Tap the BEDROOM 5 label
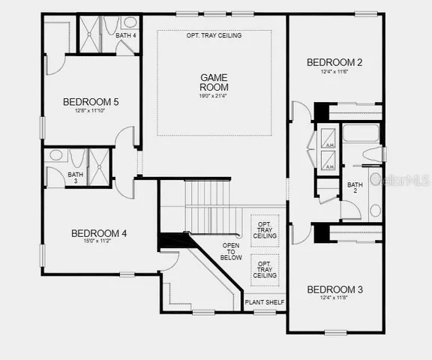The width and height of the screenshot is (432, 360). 90,102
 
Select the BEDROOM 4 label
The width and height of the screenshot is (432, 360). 99,233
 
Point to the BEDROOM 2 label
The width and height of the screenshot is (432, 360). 334,63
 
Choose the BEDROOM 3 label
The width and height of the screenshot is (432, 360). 334,289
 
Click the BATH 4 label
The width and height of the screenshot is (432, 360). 125,36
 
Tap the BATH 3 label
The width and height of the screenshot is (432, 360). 75,178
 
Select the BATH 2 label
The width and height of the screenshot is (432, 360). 355,187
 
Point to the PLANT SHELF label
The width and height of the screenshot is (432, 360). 264,303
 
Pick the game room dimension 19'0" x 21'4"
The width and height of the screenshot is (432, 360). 213,96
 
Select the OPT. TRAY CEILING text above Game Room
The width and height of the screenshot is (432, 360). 214,35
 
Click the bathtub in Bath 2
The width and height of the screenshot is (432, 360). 361,135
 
